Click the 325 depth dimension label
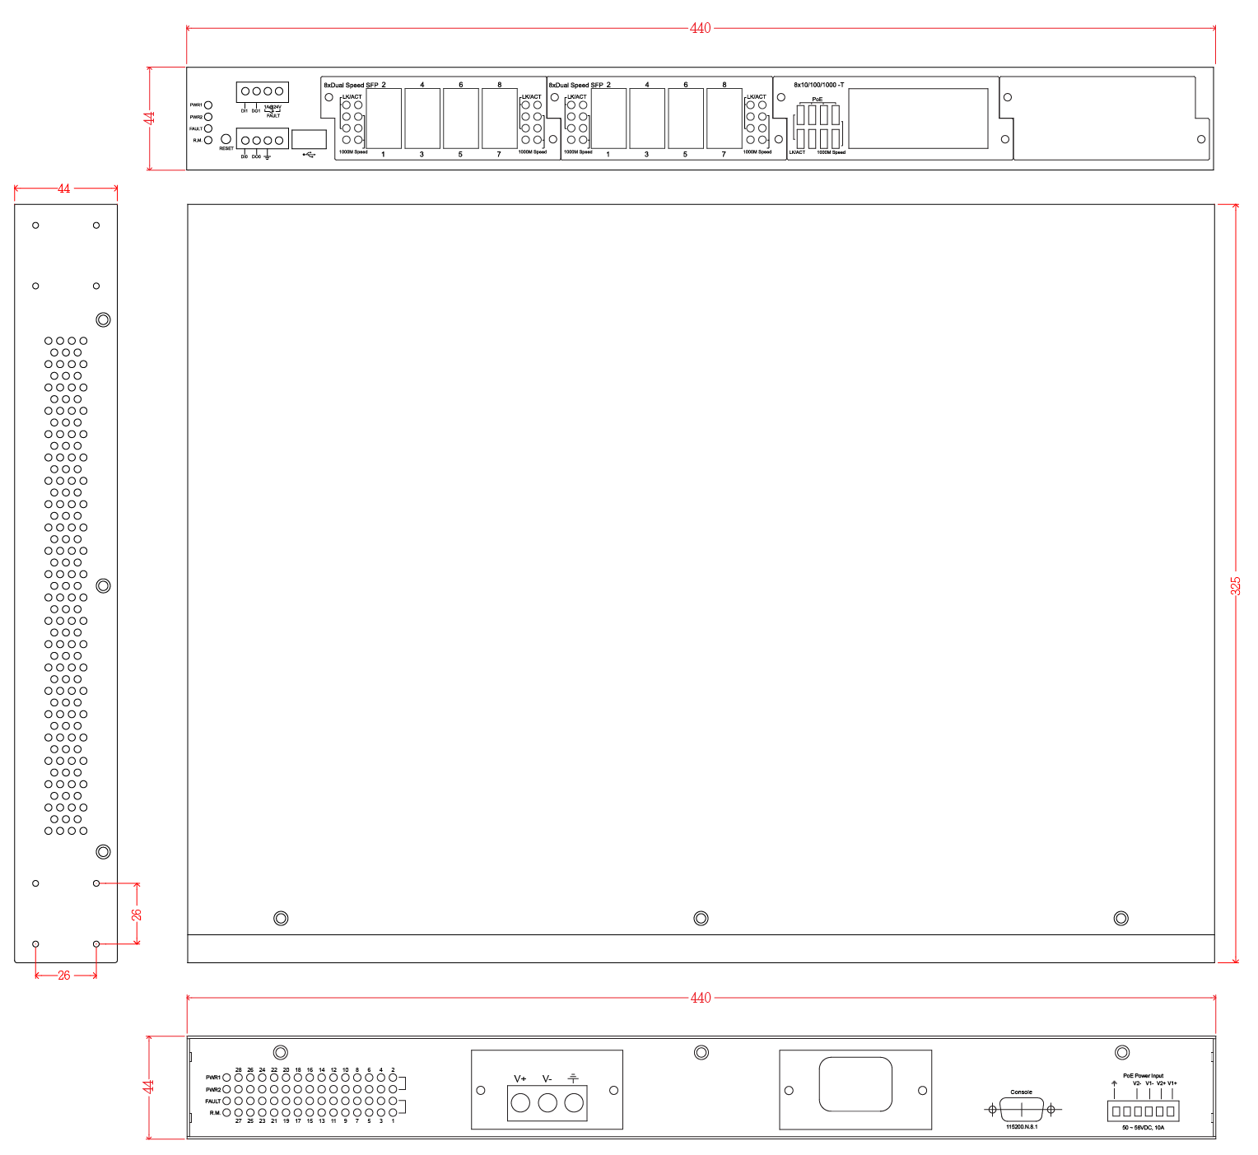(1236, 585)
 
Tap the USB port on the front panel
(309, 138)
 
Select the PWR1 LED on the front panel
(208, 105)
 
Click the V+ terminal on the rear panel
(520, 1102)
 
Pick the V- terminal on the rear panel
(547, 1102)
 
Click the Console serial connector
(1022, 1110)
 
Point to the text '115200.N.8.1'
(1022, 1127)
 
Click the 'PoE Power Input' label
(1144, 1076)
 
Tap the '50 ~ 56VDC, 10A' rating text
(1144, 1128)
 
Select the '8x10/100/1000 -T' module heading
(818, 85)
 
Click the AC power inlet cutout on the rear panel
(855, 1084)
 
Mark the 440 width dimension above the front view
(700, 28)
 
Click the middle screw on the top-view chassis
(701, 918)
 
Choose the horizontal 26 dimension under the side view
(64, 976)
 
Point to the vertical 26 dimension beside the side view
(137, 914)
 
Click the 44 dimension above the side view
(64, 189)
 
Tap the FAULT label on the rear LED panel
(213, 1101)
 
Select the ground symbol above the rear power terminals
(574, 1078)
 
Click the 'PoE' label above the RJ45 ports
(818, 100)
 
